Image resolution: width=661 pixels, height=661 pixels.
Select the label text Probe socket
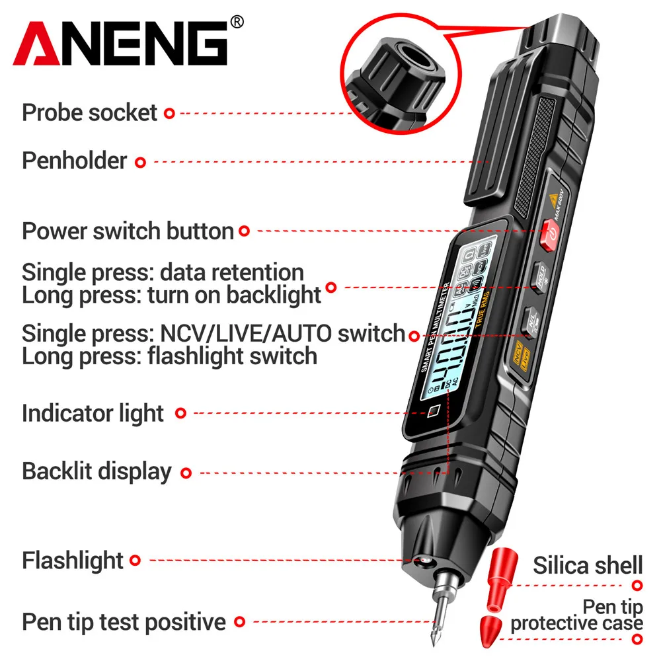tap(89, 112)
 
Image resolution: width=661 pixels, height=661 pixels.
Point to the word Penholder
tap(74, 161)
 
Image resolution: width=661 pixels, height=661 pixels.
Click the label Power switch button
tap(128, 231)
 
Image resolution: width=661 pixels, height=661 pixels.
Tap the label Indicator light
tap(93, 414)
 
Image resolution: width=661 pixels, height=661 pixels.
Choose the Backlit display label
tap(97, 472)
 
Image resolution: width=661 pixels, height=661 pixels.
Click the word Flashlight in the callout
tap(73, 561)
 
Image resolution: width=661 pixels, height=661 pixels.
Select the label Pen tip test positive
tap(124, 621)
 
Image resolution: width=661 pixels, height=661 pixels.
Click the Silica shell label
tap(588, 566)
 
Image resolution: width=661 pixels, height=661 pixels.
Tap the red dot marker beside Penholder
tap(140, 161)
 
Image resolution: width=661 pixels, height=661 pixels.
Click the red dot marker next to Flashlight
tap(136, 561)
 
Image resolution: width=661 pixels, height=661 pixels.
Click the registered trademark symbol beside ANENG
tap(237, 22)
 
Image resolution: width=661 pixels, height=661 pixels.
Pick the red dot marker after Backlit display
tap(186, 473)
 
